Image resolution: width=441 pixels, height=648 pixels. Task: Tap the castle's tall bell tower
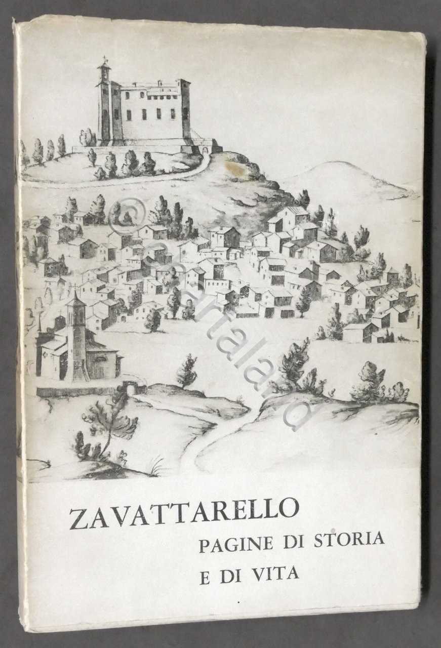pyautogui.click(x=105, y=101)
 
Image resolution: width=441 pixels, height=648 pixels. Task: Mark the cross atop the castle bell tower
pyautogui.click(x=105, y=58)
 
